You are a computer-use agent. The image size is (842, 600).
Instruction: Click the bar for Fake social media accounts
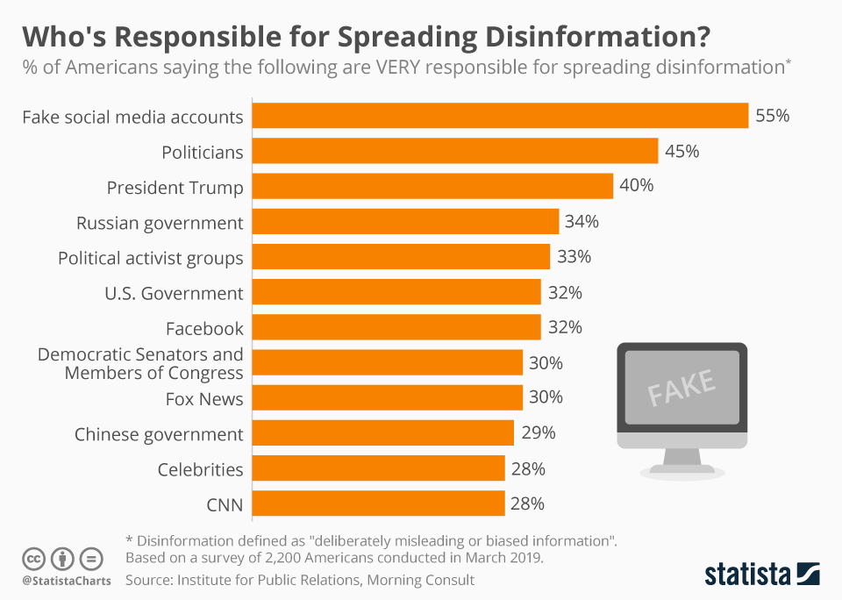pos(500,116)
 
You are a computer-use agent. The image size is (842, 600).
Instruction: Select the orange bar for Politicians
pos(454,151)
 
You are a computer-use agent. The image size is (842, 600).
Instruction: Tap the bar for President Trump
pos(432,186)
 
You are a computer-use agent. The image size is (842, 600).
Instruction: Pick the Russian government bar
pos(405,222)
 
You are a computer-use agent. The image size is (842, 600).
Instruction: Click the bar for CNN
pos(378,504)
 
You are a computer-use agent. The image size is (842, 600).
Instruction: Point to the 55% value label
pos(773,116)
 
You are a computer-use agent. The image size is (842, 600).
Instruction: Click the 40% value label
pos(637,186)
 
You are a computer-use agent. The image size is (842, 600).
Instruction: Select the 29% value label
pos(539,433)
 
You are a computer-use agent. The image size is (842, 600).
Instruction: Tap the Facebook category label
pos(204,328)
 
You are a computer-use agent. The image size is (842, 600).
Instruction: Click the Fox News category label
pos(204,399)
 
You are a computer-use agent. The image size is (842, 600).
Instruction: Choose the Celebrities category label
pos(200,469)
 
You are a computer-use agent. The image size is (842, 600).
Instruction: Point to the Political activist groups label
pos(150,258)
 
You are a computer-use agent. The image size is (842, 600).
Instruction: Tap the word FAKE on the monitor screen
pos(681,385)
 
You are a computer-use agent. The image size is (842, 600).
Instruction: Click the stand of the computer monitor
pos(681,461)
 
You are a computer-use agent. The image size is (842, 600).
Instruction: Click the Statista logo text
pos(747,575)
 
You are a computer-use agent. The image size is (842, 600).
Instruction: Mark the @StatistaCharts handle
pos(67,581)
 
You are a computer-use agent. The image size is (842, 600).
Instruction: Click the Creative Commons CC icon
pos(33,558)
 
